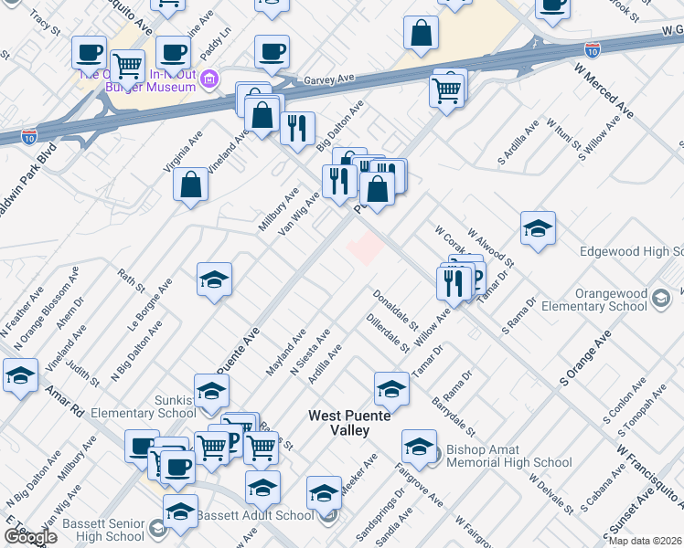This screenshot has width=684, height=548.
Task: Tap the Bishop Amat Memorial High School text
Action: tap(508, 456)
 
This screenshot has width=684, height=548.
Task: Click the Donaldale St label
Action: tap(394, 311)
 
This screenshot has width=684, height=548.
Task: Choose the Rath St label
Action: tap(132, 279)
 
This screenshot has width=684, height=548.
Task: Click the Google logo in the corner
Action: tap(30, 537)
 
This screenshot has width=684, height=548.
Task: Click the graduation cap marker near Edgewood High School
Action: tap(538, 229)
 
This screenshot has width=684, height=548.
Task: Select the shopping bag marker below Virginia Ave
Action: tap(189, 184)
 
